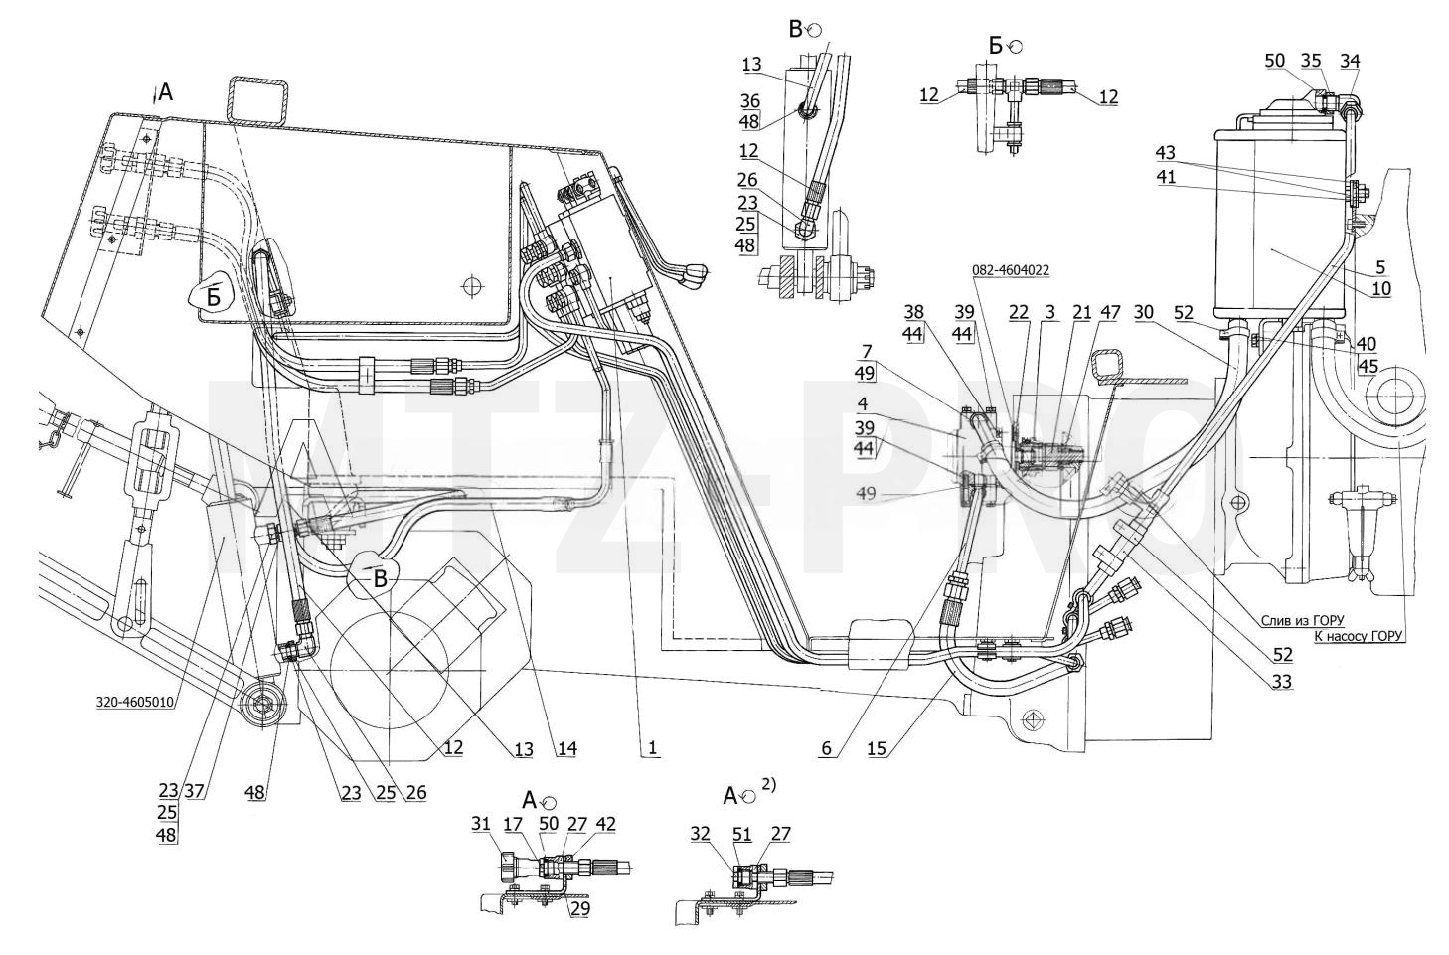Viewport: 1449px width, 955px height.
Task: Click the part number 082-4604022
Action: pyautogui.click(x=1011, y=270)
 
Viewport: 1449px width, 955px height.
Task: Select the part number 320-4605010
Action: pyautogui.click(x=135, y=702)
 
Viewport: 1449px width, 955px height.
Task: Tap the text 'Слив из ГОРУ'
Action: pyautogui.click(x=1302, y=621)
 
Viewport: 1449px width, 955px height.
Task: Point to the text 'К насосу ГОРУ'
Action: pyautogui.click(x=1360, y=636)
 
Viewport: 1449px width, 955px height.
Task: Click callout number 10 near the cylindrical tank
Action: pyautogui.click(x=1381, y=288)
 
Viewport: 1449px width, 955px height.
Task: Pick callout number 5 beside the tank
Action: pyautogui.click(x=1379, y=266)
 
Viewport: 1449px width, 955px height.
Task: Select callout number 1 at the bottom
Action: pyautogui.click(x=652, y=748)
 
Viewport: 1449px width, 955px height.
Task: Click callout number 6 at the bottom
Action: pyautogui.click(x=826, y=748)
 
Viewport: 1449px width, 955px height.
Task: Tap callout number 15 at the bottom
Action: pyautogui.click(x=877, y=748)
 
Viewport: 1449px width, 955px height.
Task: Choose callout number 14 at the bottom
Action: pyautogui.click(x=566, y=748)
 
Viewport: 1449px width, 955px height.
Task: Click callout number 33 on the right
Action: pyautogui.click(x=1281, y=682)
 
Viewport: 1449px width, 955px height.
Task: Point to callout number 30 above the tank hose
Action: pyautogui.click(x=1144, y=312)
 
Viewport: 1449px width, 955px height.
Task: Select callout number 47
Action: pyautogui.click(x=1110, y=312)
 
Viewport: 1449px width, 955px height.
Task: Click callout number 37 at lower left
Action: pyautogui.click(x=194, y=791)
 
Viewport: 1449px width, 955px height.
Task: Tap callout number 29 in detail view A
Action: pyautogui.click(x=580, y=908)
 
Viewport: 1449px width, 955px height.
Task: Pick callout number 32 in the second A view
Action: pyautogui.click(x=701, y=834)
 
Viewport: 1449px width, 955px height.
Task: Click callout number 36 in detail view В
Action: pyautogui.click(x=750, y=101)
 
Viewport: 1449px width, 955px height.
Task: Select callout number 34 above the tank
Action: pyautogui.click(x=1350, y=61)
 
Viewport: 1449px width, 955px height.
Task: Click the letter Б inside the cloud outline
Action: pyautogui.click(x=214, y=298)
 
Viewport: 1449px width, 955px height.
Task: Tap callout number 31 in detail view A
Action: pyautogui.click(x=481, y=824)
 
